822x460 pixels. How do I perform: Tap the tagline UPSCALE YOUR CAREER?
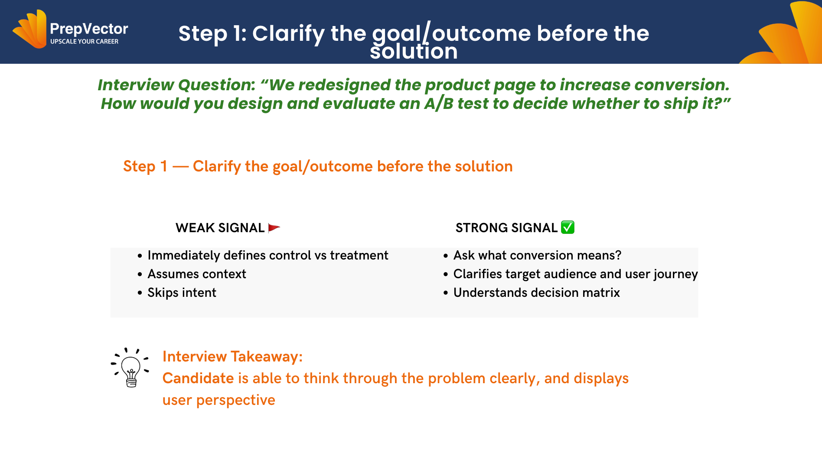click(84, 42)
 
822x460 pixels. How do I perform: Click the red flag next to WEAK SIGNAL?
click(274, 228)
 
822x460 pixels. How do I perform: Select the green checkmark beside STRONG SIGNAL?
click(568, 227)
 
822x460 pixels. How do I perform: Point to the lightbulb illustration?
click(130, 368)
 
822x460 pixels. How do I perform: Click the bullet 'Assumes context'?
click(197, 274)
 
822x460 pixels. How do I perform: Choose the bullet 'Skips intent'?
click(182, 293)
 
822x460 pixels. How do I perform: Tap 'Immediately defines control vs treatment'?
click(267, 256)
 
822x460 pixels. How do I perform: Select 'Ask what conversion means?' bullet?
click(537, 256)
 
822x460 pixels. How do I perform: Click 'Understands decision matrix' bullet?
click(536, 293)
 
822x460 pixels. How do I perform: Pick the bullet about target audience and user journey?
click(575, 274)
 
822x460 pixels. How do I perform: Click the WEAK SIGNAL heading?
click(220, 228)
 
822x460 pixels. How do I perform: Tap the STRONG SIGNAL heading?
click(506, 228)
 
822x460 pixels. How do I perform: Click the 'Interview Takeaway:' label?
click(232, 357)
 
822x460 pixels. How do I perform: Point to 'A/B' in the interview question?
click(438, 104)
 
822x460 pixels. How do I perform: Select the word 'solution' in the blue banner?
click(414, 52)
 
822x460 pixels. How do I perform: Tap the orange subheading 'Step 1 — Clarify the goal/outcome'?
click(318, 167)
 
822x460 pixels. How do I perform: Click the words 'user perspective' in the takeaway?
click(219, 400)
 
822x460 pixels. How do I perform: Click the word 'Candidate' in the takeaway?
click(198, 378)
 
